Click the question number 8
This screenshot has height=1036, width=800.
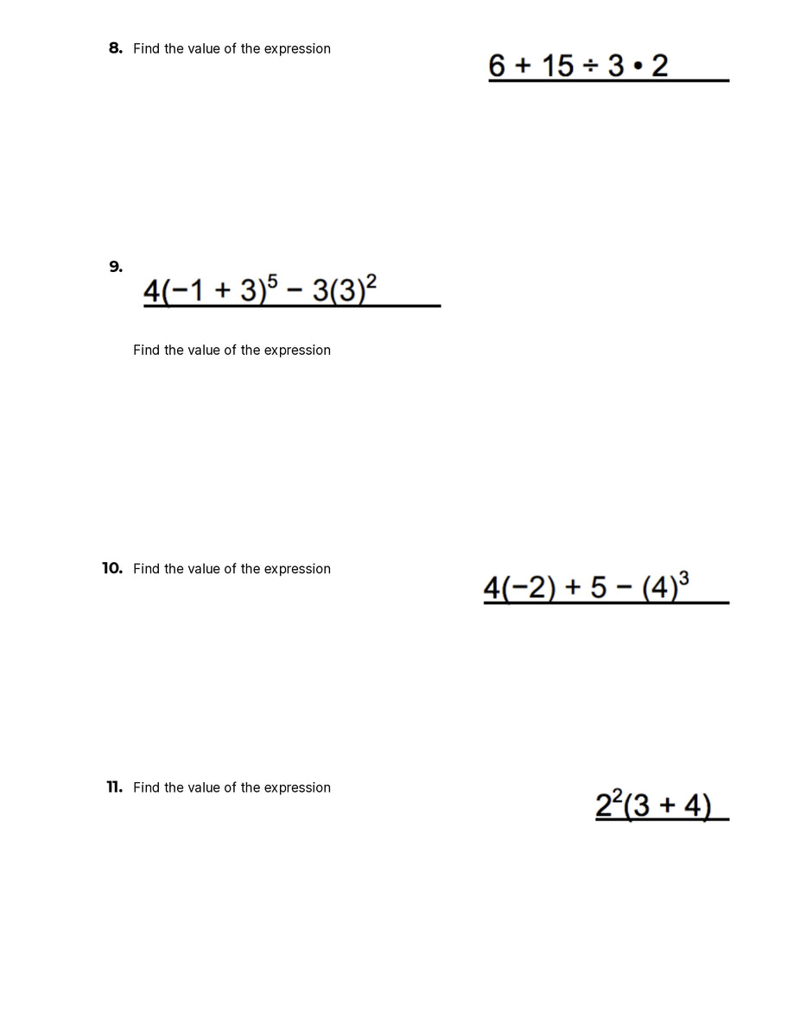pyautogui.click(x=115, y=48)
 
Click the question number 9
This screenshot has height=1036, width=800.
pyautogui.click(x=115, y=267)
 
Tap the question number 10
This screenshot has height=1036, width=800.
pyautogui.click(x=112, y=568)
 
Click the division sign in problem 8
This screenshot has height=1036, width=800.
pyautogui.click(x=591, y=66)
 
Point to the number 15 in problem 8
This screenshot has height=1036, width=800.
pyautogui.click(x=557, y=66)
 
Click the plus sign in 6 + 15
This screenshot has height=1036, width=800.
pyautogui.click(x=521, y=66)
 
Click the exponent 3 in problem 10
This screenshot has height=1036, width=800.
pyautogui.click(x=684, y=578)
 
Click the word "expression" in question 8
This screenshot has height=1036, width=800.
pyautogui.click(x=297, y=48)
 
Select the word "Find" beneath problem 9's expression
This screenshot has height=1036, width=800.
pyautogui.click(x=147, y=350)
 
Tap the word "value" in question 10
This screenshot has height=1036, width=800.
pyautogui.click(x=204, y=568)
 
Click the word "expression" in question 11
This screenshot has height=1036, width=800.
pyautogui.click(x=297, y=787)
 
